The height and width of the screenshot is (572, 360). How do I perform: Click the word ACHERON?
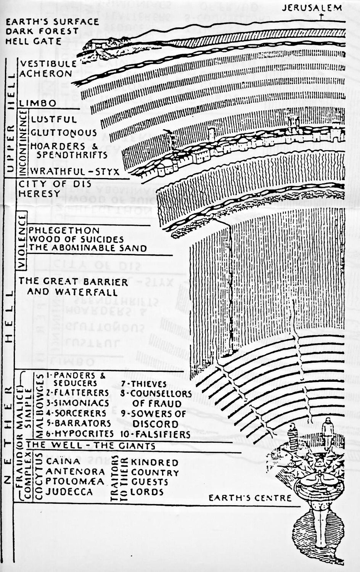(46, 73)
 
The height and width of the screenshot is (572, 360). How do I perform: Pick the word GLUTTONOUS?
(64, 133)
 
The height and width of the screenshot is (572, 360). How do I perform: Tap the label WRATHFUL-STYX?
(75, 171)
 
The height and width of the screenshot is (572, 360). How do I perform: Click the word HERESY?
(40, 194)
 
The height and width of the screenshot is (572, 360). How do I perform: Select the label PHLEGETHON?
(64, 231)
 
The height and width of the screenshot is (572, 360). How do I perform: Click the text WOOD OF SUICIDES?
(76, 239)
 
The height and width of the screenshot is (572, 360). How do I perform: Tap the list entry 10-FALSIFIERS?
(156, 434)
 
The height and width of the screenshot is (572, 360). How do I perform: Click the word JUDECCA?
(69, 492)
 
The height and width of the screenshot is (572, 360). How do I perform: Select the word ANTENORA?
(75, 472)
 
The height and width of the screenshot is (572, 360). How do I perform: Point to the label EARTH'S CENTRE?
(250, 498)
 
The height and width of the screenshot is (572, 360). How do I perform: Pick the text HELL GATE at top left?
(34, 41)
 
